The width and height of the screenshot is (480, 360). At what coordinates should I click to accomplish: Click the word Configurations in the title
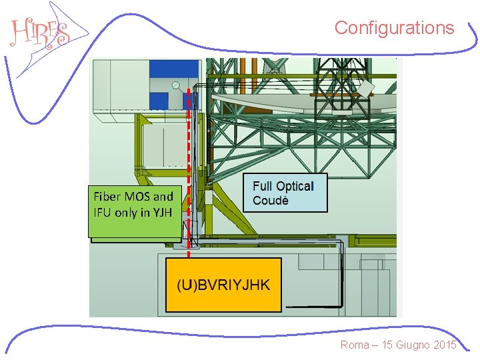pos(394,28)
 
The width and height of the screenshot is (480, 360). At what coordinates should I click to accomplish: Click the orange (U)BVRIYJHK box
pos(223,285)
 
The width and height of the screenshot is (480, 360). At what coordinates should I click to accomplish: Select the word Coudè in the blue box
pos(271,201)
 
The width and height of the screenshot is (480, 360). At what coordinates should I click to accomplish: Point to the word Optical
pos(294,186)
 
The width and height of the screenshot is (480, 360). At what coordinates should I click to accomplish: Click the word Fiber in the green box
pos(107,197)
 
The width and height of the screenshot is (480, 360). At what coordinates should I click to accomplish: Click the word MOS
pos(137,197)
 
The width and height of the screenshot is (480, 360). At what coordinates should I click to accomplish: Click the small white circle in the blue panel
pos(175,85)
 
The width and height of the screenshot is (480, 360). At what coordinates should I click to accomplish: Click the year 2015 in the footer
pos(443,345)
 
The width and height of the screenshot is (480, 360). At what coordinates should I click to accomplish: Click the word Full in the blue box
pos(263,186)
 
